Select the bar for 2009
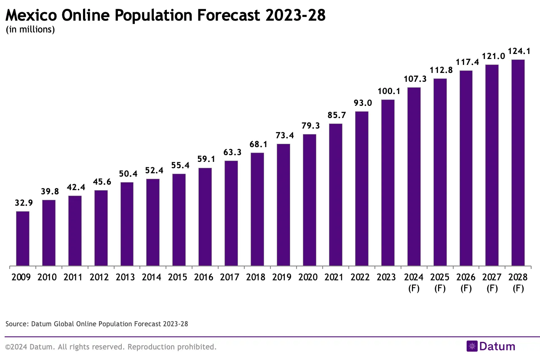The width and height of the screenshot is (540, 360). (23, 239)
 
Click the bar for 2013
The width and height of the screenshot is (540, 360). (127, 224)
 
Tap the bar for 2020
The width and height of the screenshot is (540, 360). (310, 200)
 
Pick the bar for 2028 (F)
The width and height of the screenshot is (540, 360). (518, 163)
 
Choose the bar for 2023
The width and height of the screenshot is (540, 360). (388, 183)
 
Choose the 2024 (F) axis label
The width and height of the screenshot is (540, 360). (414, 283)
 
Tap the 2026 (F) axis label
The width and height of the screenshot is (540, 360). (466, 283)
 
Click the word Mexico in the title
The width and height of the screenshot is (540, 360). (32, 15)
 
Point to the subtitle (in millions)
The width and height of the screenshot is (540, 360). (30, 30)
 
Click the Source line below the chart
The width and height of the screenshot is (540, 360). (97, 324)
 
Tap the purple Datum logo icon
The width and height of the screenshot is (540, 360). (472, 347)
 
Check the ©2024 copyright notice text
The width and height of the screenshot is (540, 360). (111, 347)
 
